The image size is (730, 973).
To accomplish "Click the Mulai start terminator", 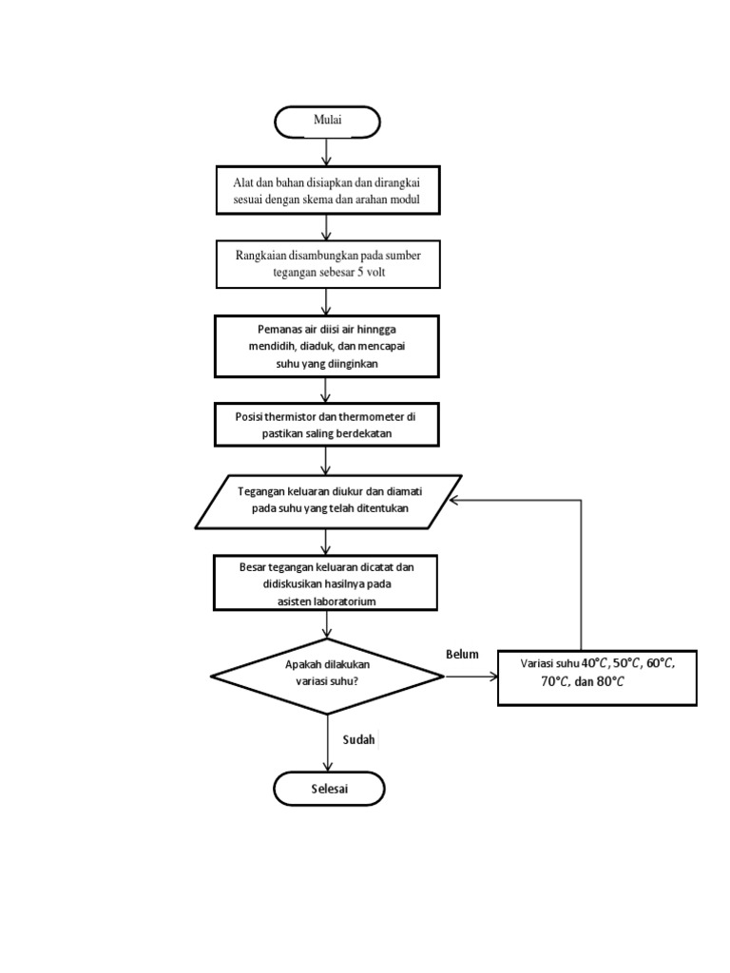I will [x=327, y=120].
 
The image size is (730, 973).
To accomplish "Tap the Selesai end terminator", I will [x=329, y=789].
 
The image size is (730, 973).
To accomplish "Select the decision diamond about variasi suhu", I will [x=327, y=677].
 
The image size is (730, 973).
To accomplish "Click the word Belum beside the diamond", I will [x=462, y=655].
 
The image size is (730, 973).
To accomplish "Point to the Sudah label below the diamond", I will [x=359, y=739].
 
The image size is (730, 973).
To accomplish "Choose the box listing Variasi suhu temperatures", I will [x=597, y=677].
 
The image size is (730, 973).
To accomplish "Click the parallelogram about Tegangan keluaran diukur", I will [x=328, y=501].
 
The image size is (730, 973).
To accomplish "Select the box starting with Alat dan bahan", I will [x=327, y=190].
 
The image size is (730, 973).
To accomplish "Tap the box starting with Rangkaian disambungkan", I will [x=327, y=263].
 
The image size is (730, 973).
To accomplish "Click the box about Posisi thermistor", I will [x=327, y=424].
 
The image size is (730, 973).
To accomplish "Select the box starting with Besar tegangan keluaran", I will [x=327, y=583].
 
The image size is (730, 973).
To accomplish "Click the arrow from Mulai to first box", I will [x=328, y=151].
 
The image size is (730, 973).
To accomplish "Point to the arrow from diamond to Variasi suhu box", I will [x=471, y=677].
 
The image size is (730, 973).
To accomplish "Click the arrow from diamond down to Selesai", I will [x=328, y=741].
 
